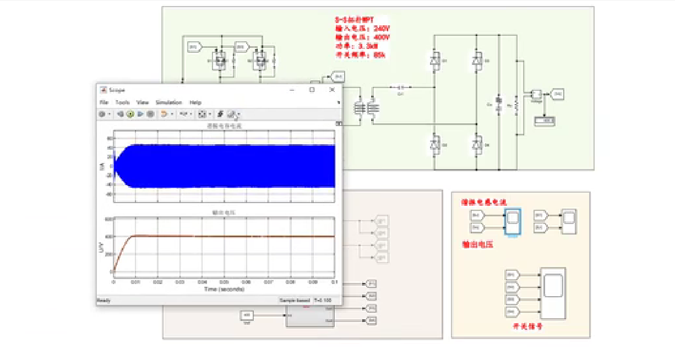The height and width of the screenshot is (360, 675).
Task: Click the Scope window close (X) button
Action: tap(332, 89)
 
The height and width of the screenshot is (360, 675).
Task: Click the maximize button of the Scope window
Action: tap(312, 89)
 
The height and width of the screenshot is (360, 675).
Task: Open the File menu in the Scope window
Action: tap(104, 102)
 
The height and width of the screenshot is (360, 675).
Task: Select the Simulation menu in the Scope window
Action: tap(168, 102)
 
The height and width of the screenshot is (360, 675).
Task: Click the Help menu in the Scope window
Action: tap(195, 102)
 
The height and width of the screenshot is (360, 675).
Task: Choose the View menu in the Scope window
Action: tap(143, 102)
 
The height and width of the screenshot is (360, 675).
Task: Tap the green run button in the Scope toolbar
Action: tap(130, 114)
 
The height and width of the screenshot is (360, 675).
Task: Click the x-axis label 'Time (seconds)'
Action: tap(224, 289)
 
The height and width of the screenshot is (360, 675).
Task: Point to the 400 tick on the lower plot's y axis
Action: tap(109, 236)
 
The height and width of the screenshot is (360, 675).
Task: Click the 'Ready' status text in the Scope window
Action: tap(104, 301)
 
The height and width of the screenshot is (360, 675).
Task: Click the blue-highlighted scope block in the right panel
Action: tap(513, 221)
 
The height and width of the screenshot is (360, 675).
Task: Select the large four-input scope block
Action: tap(553, 293)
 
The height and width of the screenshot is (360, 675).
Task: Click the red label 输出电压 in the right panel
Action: tap(477, 244)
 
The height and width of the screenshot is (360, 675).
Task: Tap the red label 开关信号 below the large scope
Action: tap(528, 326)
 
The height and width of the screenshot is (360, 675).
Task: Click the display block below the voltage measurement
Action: tap(545, 121)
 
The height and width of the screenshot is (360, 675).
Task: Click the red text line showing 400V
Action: tap(362, 37)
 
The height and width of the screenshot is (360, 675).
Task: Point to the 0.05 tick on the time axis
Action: tap(224, 282)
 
